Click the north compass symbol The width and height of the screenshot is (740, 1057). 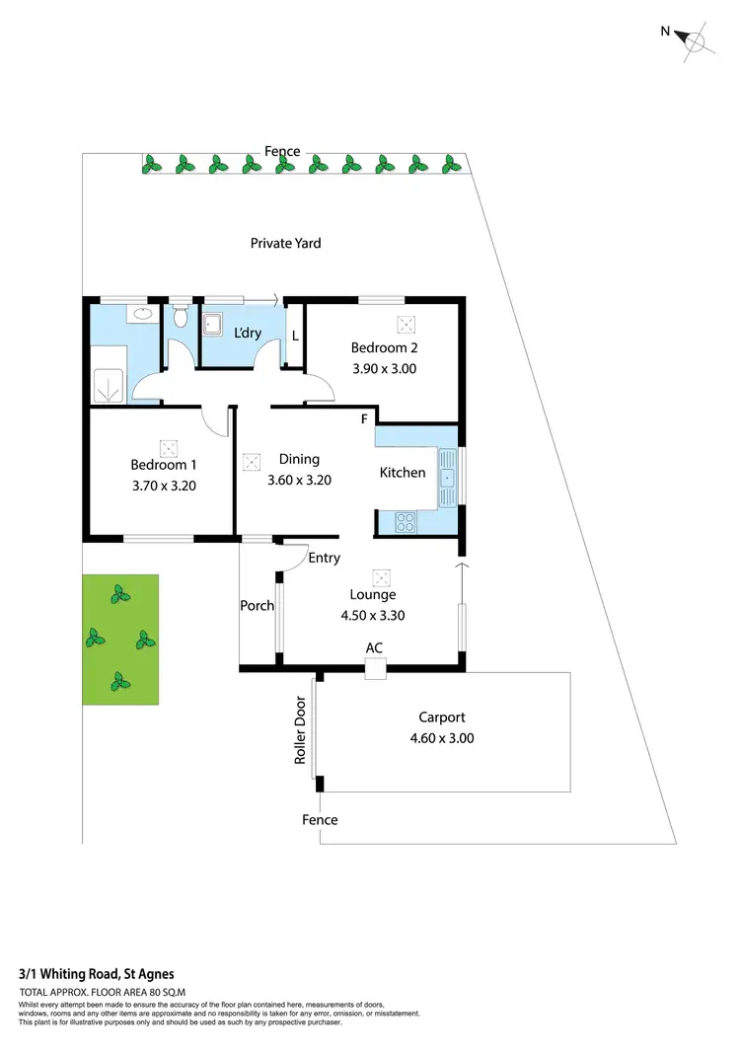[696, 40]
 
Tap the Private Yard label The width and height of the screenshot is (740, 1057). [285, 243]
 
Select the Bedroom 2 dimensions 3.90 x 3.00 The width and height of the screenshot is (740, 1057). [384, 369]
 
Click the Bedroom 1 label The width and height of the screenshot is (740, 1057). [164, 465]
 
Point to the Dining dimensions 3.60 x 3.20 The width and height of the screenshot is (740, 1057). [299, 481]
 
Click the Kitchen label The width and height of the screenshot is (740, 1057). [403, 473]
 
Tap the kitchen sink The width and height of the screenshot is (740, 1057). [448, 477]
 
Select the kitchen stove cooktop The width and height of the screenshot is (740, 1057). [405, 522]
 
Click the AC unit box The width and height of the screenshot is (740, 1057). [374, 670]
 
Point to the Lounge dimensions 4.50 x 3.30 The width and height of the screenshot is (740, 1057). [373, 615]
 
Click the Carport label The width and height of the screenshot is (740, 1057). [441, 717]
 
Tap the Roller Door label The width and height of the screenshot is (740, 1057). [301, 730]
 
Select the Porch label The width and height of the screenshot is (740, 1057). [258, 605]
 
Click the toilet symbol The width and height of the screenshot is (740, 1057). [180, 318]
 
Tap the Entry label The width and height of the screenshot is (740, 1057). [324, 558]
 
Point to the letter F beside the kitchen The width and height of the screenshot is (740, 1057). [364, 419]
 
